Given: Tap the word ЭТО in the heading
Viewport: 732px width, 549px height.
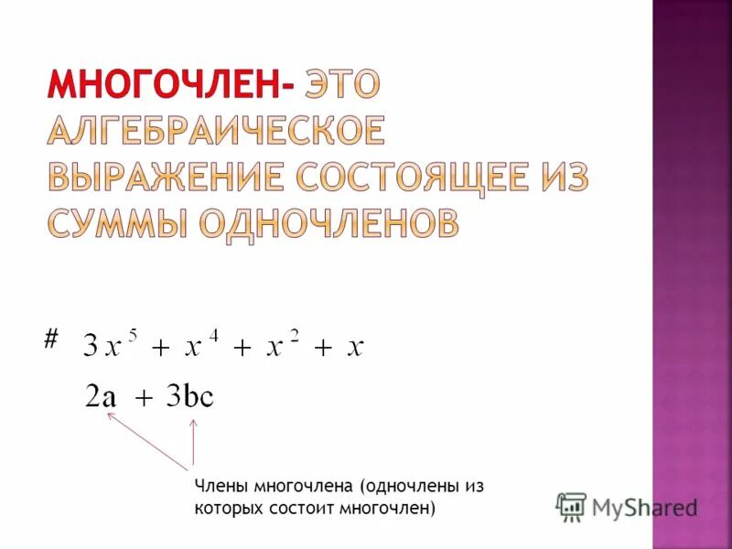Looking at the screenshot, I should [x=341, y=85].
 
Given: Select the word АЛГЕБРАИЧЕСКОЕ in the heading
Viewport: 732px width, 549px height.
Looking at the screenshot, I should [x=216, y=131].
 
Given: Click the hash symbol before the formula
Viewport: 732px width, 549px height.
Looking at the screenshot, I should [x=50, y=339].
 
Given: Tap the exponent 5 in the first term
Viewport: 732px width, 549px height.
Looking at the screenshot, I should [x=134, y=334].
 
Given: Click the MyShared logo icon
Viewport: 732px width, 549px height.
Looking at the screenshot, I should [x=571, y=506].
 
